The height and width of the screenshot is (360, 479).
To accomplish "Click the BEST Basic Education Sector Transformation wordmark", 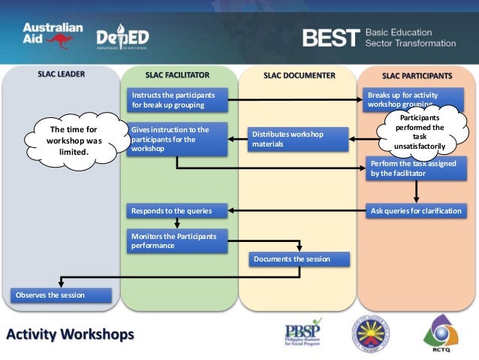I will coord(378,38).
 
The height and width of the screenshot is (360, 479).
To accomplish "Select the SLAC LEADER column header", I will coord(61,75).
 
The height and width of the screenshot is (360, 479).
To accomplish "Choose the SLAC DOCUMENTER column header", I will coord(299,75).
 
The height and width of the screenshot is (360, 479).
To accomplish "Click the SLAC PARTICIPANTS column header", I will coord(417,75).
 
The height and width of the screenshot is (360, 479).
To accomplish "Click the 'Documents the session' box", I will coord(299,259).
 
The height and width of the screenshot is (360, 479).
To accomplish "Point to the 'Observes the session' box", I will coord(60,295).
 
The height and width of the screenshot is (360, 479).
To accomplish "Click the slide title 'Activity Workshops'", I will coord(71,333).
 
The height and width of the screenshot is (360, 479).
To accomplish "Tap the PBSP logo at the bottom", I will coord(308,332).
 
